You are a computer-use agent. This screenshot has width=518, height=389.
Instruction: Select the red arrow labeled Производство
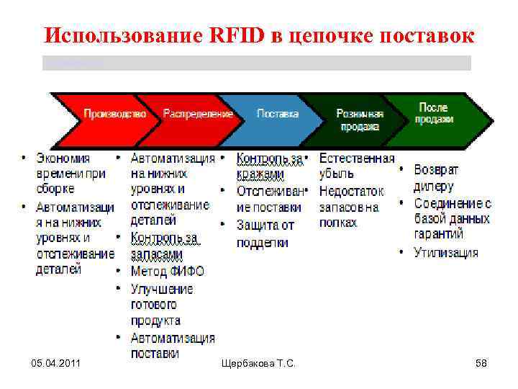[x=114, y=114]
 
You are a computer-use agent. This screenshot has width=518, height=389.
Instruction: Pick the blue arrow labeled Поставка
[x=278, y=114]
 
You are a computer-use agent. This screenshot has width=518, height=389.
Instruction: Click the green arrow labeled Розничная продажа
[x=360, y=120]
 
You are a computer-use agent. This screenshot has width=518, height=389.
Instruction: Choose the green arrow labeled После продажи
[x=433, y=113]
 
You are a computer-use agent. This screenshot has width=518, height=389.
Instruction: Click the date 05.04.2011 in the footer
[x=55, y=364]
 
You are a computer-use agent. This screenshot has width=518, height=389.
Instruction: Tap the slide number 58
[x=481, y=364]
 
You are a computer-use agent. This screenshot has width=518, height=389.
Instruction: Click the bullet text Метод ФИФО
[x=167, y=272]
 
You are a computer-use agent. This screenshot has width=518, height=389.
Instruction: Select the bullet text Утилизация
[x=445, y=252]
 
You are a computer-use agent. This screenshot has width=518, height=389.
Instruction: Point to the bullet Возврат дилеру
[x=436, y=178]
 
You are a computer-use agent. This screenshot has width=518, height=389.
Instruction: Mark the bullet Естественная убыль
[x=356, y=166]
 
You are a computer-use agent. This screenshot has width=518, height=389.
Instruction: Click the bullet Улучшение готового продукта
[x=162, y=305]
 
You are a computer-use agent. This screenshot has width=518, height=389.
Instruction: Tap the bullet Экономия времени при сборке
[x=71, y=174]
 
